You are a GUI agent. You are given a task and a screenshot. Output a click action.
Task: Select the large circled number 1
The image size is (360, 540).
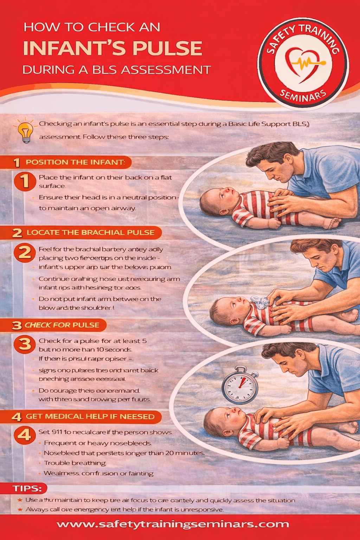(25, 181)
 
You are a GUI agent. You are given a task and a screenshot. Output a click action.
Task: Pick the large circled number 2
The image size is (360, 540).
(25, 253)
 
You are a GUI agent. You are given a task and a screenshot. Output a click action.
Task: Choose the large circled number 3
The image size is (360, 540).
(25, 344)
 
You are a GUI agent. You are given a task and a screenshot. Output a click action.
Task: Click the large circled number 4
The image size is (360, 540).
(25, 435)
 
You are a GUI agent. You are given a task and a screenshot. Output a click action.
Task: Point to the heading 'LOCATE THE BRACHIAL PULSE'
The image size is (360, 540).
(90, 232)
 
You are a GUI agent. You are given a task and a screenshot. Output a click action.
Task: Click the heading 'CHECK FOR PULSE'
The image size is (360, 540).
(62, 325)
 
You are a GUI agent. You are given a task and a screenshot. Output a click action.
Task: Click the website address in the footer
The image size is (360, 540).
(173, 524)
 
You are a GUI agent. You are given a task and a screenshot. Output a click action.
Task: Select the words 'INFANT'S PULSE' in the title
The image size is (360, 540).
(112, 49)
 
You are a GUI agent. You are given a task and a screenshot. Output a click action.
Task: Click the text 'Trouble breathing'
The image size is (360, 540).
(75, 463)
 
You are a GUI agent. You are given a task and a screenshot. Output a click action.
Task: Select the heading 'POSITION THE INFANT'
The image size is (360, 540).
(75, 162)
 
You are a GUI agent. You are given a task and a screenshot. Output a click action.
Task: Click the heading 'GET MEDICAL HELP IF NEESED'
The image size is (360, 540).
(90, 417)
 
